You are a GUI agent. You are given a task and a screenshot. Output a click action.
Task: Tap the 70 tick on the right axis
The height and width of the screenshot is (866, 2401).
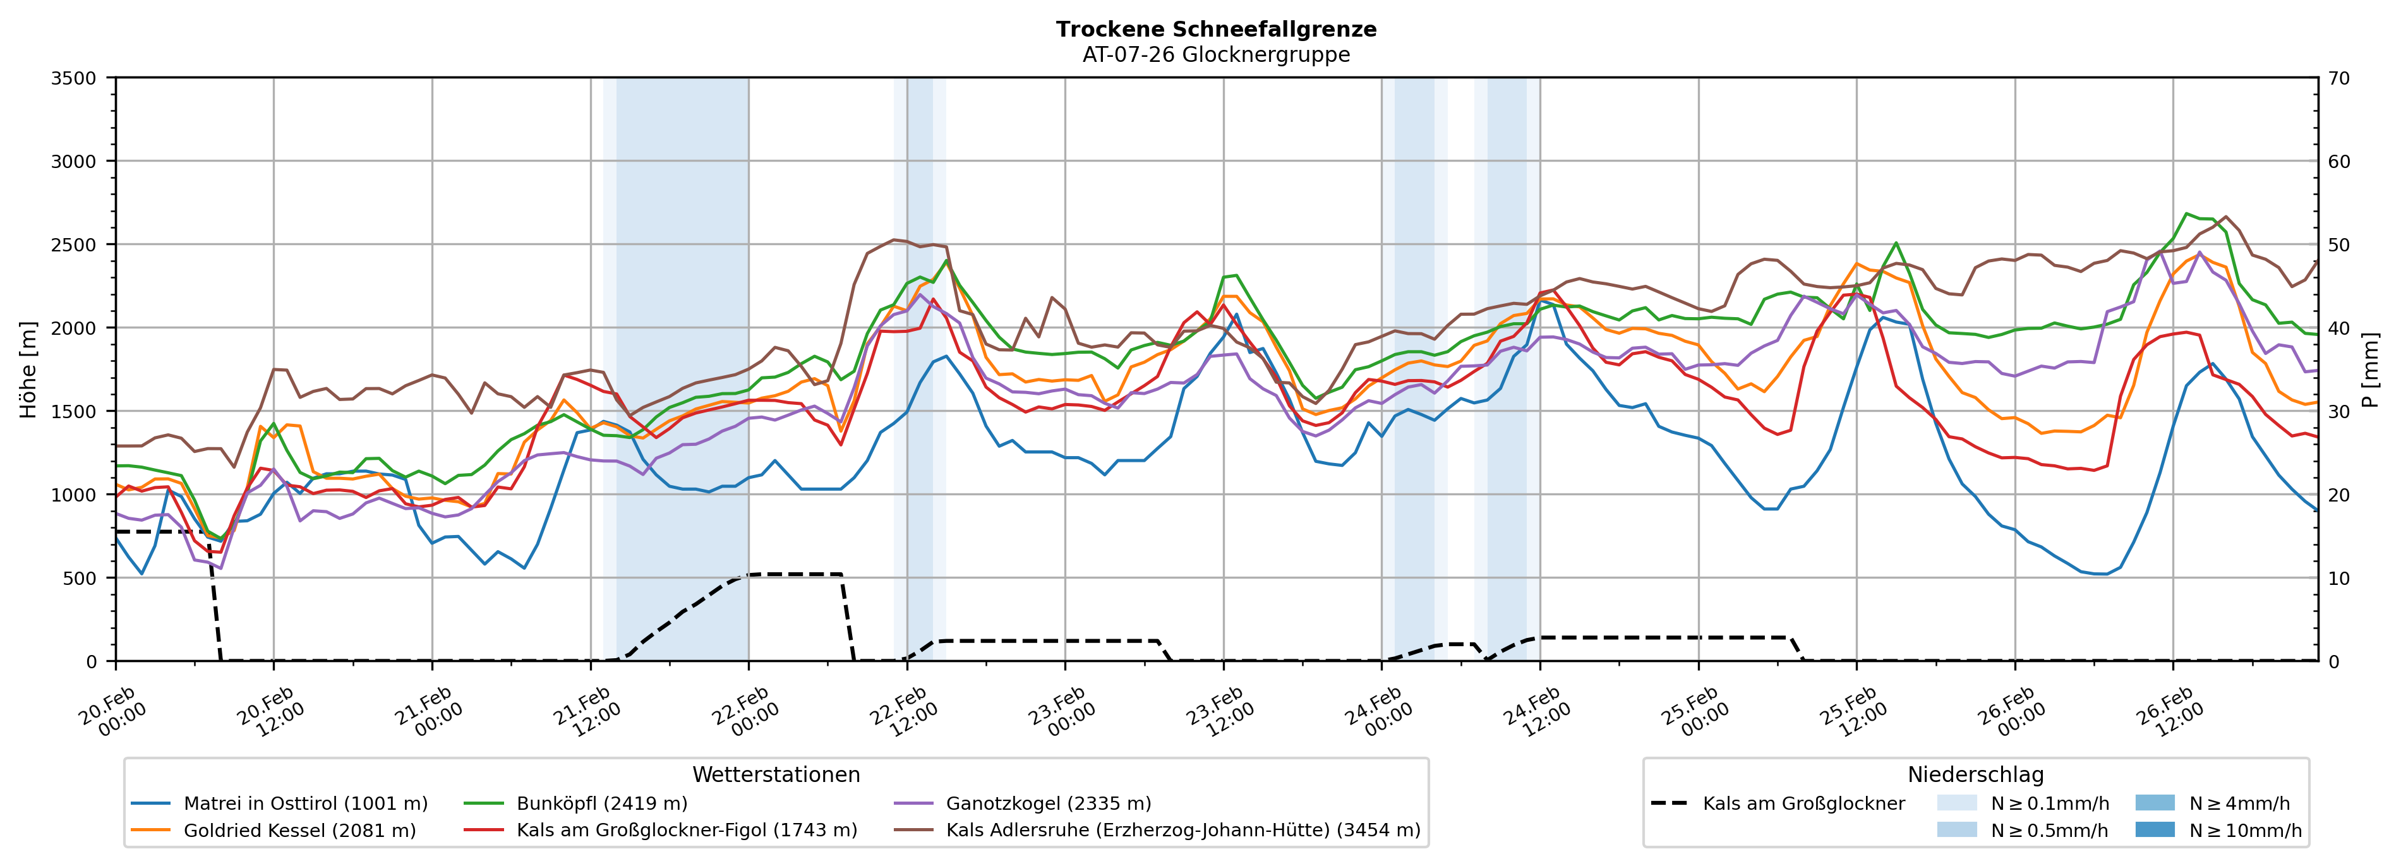2340,78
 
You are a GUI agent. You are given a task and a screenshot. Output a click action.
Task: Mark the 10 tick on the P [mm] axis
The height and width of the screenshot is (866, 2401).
2340,578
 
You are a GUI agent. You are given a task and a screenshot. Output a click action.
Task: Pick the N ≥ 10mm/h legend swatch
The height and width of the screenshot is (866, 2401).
2154,829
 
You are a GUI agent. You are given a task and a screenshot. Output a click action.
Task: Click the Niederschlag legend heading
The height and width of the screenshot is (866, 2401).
1975,774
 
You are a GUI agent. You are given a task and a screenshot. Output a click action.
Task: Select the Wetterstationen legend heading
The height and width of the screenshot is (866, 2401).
776,774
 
